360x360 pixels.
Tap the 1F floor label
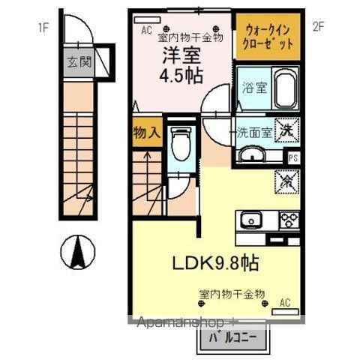point(43,28)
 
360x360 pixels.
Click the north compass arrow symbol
point(77,253)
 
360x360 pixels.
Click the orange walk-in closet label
point(269,37)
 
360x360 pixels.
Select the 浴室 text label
point(250,87)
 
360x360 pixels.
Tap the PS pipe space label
point(293,157)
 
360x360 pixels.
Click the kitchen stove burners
point(289,219)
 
